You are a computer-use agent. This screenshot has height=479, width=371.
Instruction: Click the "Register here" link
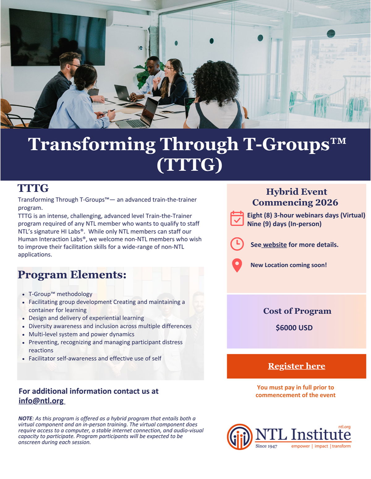click(x=296, y=366)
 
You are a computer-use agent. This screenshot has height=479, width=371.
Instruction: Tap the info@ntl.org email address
click(x=41, y=401)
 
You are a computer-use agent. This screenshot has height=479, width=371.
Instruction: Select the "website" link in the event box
click(x=275, y=245)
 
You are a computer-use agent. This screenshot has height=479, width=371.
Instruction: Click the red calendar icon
click(x=237, y=218)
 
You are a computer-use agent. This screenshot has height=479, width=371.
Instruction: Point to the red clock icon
click(x=237, y=244)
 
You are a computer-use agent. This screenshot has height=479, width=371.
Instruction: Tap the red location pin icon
click(x=237, y=265)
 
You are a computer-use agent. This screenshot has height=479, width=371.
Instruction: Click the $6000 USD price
click(x=294, y=328)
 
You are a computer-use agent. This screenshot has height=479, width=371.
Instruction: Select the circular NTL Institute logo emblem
click(x=240, y=437)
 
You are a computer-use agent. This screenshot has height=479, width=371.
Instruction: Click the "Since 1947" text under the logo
click(x=266, y=446)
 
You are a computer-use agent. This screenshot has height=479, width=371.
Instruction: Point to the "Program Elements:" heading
click(x=72, y=275)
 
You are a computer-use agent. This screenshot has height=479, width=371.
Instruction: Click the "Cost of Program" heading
click(x=297, y=311)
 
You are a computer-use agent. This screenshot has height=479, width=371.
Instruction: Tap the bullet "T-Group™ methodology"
click(x=60, y=294)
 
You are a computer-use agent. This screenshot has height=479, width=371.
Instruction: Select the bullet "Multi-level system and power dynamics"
click(x=81, y=334)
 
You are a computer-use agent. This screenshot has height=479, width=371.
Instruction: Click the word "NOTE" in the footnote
click(x=25, y=418)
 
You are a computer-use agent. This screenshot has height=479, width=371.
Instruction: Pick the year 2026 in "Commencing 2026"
click(x=327, y=203)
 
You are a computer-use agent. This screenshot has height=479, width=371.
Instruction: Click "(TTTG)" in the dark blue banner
click(x=189, y=165)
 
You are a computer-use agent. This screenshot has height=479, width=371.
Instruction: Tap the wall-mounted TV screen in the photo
click(x=57, y=37)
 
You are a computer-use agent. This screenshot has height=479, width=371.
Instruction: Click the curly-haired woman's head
click(x=216, y=83)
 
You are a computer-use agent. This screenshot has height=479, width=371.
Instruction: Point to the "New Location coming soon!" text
click(x=288, y=265)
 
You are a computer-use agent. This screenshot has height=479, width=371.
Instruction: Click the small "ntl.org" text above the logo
click(x=344, y=427)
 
